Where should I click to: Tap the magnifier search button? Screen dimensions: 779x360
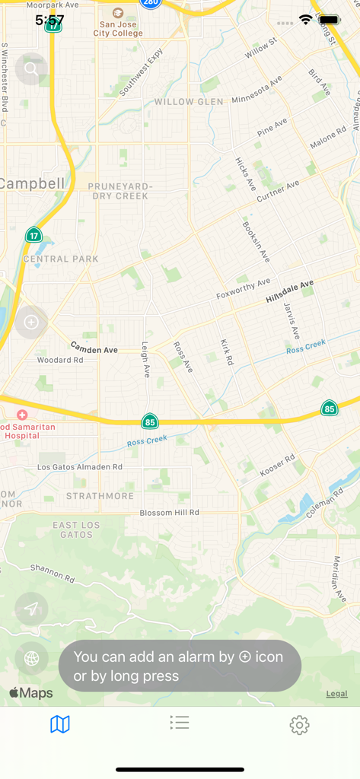tap(31, 69)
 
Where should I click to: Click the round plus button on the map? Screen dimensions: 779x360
tap(31, 322)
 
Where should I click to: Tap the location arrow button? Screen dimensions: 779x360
tap(31, 609)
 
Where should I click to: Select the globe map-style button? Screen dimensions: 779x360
tap(31, 659)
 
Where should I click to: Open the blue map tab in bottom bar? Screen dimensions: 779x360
tap(60, 724)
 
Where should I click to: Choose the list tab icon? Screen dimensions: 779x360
tap(180, 723)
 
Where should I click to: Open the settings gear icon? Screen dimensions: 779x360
tap(299, 725)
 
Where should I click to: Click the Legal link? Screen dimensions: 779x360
tap(337, 694)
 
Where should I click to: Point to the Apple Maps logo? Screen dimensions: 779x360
tap(31, 693)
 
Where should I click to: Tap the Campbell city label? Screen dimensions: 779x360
tap(33, 183)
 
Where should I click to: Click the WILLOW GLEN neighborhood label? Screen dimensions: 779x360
tap(189, 101)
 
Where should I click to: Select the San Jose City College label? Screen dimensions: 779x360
tap(118, 28)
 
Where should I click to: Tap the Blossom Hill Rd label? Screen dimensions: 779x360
tap(169, 514)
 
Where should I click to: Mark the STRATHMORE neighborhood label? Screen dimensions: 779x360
tap(100, 496)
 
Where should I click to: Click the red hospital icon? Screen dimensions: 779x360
tap(22, 415)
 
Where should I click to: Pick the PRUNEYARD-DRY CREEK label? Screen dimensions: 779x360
tap(120, 191)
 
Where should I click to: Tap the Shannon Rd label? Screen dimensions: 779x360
tap(53, 573)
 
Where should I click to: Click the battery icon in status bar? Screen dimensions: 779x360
tap(330, 20)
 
